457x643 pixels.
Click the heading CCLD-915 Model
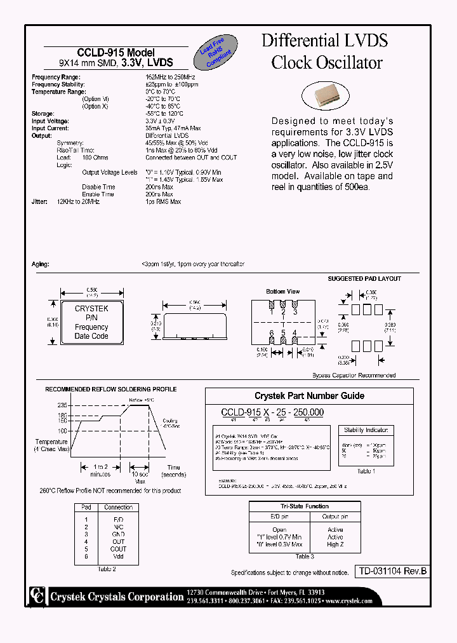pos(116,53)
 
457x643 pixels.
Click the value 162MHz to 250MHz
pos(170,77)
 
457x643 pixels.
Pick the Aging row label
pos(40,264)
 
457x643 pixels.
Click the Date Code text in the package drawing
pos(91,336)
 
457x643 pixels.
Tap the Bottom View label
pos(284,292)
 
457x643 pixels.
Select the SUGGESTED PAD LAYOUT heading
pos(364,279)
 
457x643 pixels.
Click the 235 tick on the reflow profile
pos(62,405)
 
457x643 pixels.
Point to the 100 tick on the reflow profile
pos(62,431)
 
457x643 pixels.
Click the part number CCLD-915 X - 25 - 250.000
pos(272,412)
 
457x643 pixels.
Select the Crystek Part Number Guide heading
pos(309,396)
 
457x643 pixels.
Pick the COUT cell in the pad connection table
pos(119,549)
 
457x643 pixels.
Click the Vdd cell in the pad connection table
pos(119,557)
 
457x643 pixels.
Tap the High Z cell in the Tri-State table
pos(335,545)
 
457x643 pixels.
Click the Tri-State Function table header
pos(305,506)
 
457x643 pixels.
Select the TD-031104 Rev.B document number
pos(390,572)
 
